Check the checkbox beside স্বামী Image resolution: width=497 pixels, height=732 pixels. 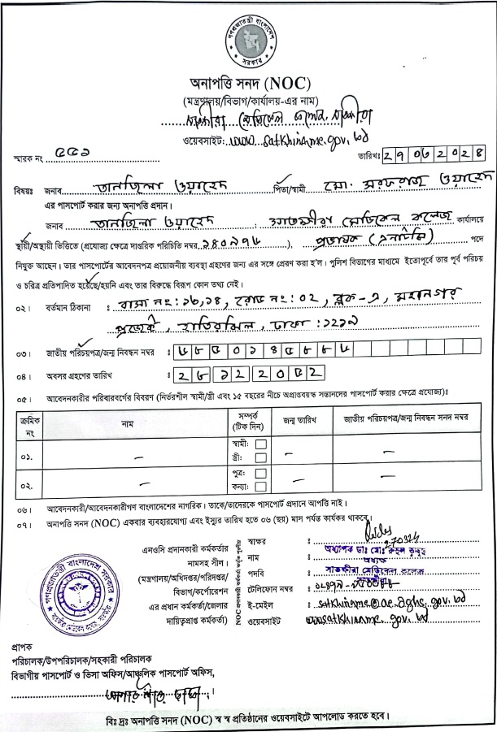coord(261,444)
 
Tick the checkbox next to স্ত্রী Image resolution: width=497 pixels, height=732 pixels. coord(261,458)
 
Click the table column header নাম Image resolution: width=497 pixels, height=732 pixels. coord(128,423)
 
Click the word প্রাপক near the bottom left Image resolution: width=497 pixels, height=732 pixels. coord(24,648)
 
